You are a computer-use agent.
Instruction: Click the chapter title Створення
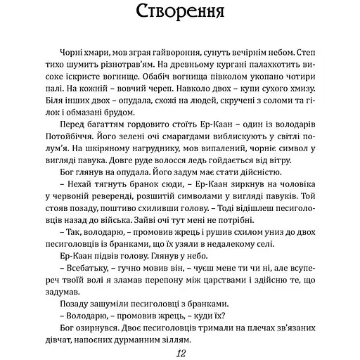(179, 15)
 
